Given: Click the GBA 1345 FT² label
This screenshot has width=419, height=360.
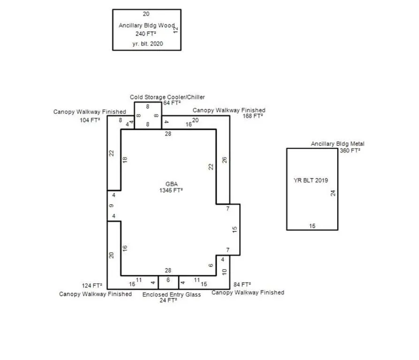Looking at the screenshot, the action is coord(171,187).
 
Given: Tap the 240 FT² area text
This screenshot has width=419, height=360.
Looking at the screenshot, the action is coord(145,34).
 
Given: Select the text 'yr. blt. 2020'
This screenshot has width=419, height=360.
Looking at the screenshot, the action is coord(147,44).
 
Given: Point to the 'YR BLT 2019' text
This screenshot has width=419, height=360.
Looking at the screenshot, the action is coord(311,180).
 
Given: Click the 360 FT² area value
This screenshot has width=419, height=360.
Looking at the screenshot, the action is coord(350,150).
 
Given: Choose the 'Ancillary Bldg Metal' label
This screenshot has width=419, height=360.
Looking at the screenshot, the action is coord(337,144).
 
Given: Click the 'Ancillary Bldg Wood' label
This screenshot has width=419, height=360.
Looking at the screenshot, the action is coord(147,25).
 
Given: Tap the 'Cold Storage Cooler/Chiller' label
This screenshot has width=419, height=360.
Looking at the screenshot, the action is coord(168,97).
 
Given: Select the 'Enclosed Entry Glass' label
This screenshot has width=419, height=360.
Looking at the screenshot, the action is coord(172,295).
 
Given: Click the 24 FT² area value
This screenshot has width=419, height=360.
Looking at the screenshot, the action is coord(168,300).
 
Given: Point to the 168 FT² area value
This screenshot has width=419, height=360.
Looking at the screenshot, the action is coord(253,116).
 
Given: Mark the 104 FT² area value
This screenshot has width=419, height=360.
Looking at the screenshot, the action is coord(90,120).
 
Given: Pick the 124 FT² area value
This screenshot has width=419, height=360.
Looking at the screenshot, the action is coord(92,285).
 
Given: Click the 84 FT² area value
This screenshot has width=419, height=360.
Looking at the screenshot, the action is coord(242,285).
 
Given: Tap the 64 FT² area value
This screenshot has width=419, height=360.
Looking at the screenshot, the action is coord(172,103).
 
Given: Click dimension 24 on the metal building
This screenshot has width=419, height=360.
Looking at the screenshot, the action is coord(333,193).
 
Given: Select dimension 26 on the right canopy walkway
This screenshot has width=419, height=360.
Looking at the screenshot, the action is coord(224,160).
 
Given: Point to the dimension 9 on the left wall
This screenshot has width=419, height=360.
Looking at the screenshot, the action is coord(111,206).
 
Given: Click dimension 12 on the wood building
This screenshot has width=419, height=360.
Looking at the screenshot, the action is coord(175,30).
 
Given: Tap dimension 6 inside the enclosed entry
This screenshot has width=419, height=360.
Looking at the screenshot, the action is coord(168,280).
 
